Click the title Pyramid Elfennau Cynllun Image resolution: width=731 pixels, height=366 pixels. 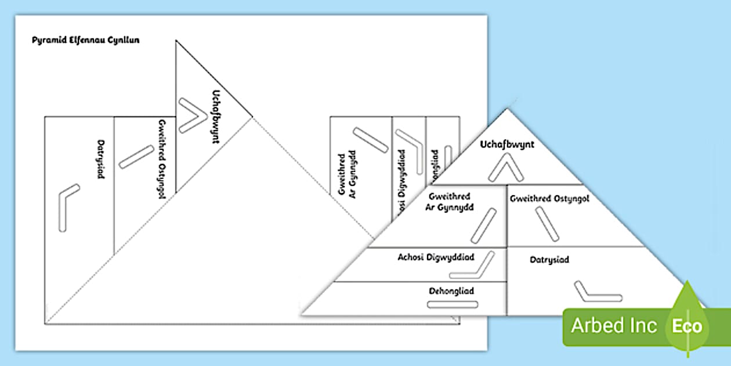[x=85, y=40]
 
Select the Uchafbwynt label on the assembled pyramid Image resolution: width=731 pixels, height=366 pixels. [x=507, y=144]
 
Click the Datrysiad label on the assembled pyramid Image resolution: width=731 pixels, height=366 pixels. [x=549, y=260]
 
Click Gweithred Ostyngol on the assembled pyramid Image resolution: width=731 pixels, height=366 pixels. [x=549, y=199]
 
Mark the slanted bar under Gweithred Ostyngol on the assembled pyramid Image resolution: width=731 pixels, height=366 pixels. [x=548, y=223]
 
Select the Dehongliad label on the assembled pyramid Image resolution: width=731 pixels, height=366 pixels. [x=452, y=290]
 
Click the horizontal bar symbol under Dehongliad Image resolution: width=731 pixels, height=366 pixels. [x=452, y=304]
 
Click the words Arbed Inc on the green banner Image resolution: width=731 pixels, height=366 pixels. [x=614, y=325]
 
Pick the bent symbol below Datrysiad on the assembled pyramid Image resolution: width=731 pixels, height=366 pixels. [x=596, y=292]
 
